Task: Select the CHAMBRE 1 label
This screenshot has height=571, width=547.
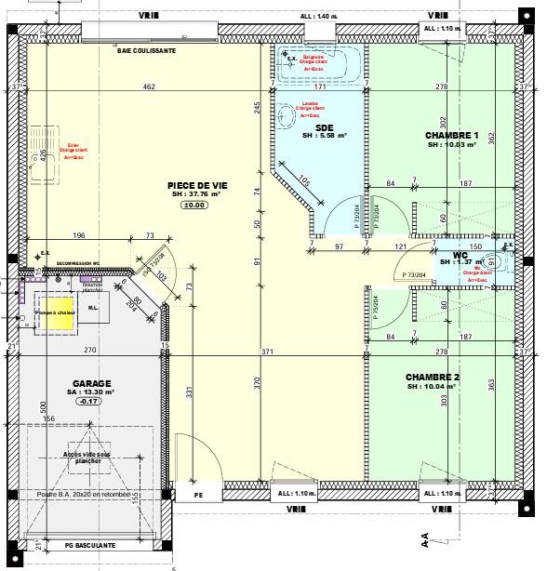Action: [451, 135]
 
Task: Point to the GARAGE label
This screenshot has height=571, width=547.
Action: [92, 383]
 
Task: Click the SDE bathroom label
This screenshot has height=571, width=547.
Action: [325, 127]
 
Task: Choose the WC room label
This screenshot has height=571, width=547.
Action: [460, 254]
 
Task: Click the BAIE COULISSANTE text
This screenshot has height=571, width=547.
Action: [146, 51]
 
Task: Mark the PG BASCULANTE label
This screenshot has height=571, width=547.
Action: [90, 545]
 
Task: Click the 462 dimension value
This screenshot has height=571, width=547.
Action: [149, 86]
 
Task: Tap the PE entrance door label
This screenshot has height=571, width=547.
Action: [198, 497]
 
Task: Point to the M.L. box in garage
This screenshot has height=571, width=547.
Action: [93, 308]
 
